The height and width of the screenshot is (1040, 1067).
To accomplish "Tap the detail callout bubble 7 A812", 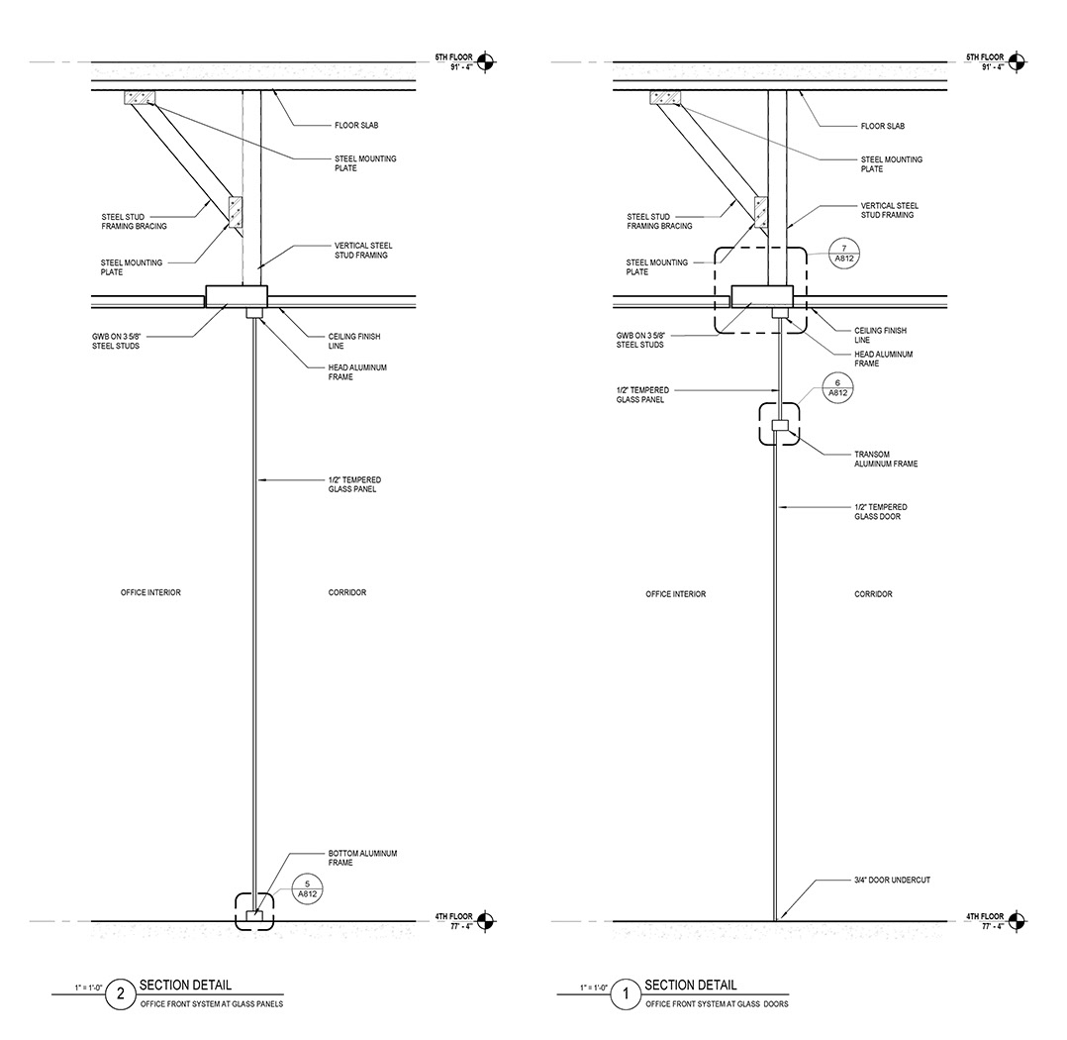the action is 839,253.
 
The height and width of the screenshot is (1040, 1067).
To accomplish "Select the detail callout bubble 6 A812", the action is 839,386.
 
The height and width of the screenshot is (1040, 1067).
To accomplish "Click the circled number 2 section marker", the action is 121,995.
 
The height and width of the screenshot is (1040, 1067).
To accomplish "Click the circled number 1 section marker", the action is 626,995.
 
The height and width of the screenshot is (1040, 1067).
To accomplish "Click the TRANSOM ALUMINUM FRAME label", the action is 885,459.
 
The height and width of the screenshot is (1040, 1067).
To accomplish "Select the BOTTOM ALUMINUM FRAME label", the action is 362,858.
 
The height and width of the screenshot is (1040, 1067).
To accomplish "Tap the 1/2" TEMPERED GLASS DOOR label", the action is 881,512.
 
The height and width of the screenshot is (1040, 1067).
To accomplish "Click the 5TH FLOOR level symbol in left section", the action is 485,62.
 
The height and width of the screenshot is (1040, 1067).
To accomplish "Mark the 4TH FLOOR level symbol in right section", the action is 1011,921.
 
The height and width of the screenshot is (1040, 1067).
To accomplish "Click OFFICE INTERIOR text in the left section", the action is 150,593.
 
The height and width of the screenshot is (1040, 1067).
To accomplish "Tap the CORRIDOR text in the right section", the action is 873,594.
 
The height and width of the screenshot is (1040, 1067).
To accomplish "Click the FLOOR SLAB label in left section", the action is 355,126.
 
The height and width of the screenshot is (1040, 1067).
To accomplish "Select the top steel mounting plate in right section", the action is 664,97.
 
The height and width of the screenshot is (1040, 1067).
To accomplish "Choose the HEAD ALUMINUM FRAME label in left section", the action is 357,371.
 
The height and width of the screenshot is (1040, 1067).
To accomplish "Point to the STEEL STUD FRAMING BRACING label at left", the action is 134,221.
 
